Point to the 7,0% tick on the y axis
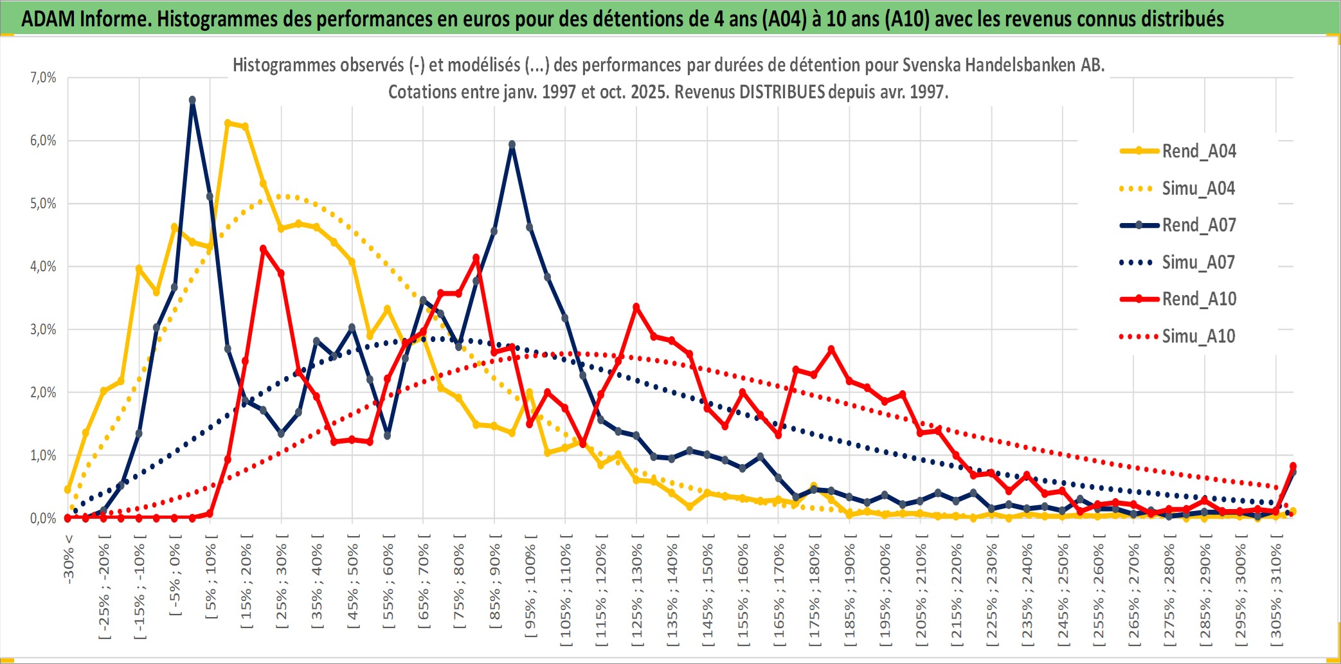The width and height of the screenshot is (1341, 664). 43,78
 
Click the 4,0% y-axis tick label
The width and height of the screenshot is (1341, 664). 43,267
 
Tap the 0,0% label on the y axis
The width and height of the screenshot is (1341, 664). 43,519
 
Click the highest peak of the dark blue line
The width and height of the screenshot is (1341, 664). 192,100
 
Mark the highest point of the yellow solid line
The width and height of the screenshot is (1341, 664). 228,123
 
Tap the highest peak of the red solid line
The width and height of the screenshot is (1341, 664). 263,249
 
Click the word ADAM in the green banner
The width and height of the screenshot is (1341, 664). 48,19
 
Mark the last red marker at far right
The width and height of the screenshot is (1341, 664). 1293,466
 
